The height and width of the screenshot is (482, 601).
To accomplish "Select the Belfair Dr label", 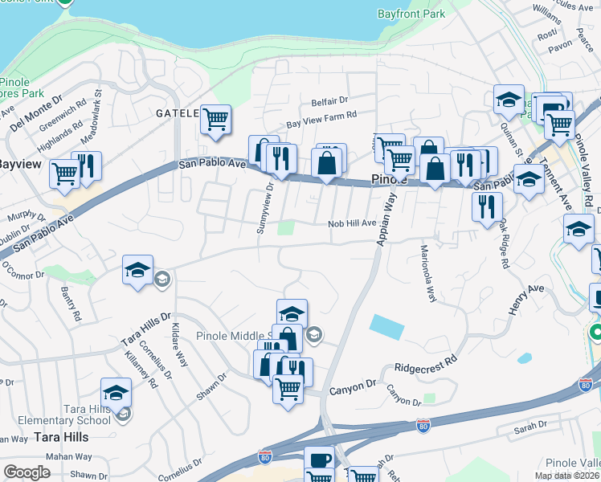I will point(329,101).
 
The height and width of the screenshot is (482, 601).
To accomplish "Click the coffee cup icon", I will point(318,460).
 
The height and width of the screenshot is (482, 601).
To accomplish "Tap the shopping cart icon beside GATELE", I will point(215,120).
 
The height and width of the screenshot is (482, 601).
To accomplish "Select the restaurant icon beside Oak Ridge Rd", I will point(487,206).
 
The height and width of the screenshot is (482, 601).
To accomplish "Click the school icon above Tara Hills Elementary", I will point(116,394).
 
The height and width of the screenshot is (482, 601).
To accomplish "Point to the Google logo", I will point(27,472).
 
